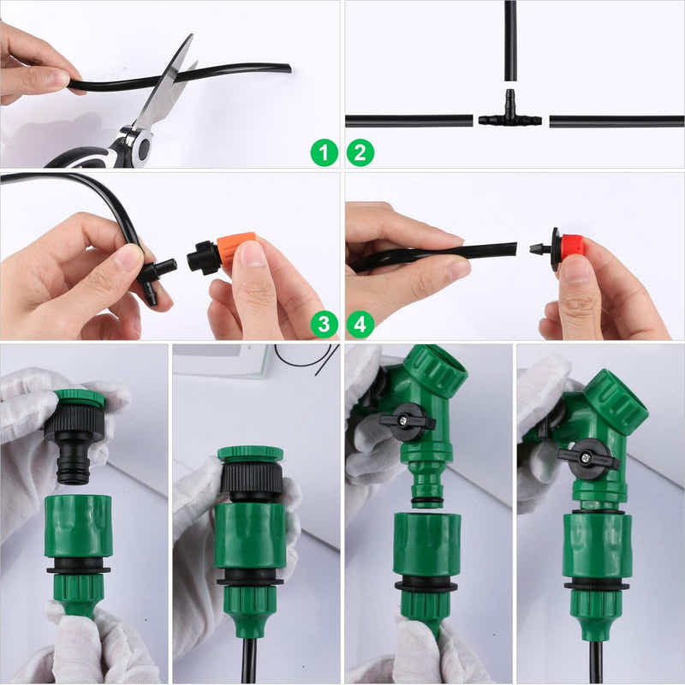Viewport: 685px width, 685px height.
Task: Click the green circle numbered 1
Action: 324,153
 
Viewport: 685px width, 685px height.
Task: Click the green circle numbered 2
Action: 360,153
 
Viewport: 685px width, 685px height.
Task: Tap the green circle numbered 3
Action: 324,324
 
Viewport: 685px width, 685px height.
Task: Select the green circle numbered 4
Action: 360,324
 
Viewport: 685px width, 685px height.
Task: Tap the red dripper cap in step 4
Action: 572,247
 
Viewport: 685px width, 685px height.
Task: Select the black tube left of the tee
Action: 408,121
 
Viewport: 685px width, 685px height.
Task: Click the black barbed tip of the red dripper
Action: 539,249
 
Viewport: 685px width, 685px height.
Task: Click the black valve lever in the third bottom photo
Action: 408,421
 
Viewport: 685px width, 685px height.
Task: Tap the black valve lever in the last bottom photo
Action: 587,458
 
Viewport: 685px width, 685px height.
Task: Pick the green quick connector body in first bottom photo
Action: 77,526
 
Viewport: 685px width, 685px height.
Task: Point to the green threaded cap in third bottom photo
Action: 436,369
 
